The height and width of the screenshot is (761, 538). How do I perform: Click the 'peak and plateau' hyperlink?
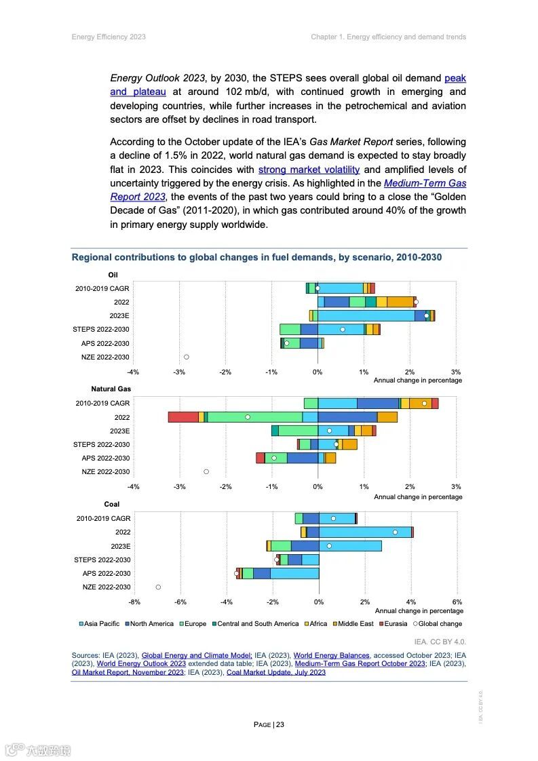[x=455, y=79]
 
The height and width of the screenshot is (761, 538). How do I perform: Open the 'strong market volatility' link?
[x=309, y=170]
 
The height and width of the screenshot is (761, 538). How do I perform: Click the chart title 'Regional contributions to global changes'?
[x=256, y=258]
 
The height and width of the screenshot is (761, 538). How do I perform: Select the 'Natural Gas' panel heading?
[x=111, y=389]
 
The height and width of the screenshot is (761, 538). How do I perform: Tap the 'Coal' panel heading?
[x=112, y=505]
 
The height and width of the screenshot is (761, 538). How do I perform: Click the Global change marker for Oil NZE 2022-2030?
[x=187, y=357]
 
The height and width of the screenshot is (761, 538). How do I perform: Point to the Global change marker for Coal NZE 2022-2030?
[x=158, y=587]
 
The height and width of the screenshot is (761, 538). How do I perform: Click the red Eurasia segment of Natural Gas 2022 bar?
[x=183, y=417]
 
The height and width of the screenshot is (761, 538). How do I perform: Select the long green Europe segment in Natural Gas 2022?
[x=255, y=417]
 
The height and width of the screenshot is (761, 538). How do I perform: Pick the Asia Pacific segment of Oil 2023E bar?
[x=366, y=315]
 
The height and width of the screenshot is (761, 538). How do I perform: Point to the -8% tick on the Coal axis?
[x=134, y=602]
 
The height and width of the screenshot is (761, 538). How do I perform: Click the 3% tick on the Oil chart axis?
[x=456, y=372]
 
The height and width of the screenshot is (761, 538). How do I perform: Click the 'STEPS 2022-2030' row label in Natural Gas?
[x=101, y=445]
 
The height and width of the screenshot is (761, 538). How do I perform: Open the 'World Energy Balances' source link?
[x=331, y=655]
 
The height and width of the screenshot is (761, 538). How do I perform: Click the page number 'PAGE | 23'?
[x=269, y=724]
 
